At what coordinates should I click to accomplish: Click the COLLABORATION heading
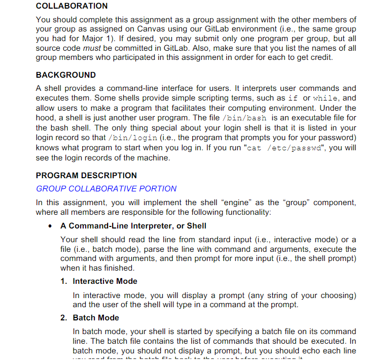pos(72,6)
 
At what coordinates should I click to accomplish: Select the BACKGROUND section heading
pos(66,75)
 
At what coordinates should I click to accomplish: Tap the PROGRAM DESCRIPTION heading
pos(86,175)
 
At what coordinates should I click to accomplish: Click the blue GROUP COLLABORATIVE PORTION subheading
pos(107,188)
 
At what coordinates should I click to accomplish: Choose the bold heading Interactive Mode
pos(105,281)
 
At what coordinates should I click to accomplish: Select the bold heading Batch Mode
pos(96,317)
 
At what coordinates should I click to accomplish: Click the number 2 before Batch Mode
pos(63,317)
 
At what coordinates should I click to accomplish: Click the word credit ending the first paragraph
pos(320,57)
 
